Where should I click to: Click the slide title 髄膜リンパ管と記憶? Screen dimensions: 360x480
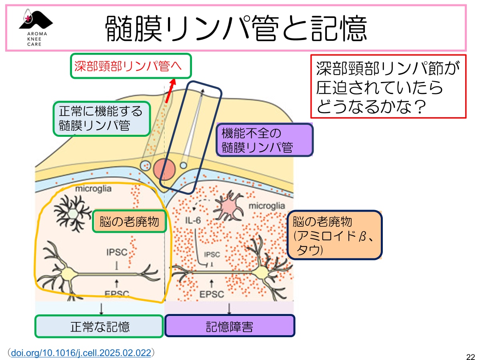pyautogui.click(x=236, y=29)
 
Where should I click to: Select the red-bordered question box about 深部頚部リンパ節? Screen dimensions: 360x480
pyautogui.click(x=388, y=86)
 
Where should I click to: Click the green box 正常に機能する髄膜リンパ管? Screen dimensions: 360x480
pyautogui.click(x=102, y=118)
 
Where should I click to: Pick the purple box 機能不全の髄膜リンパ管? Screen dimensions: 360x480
pyautogui.click(x=264, y=140)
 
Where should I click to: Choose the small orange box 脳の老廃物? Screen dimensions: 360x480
pyautogui.click(x=129, y=221)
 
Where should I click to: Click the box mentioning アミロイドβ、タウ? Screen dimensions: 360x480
pyautogui.click(x=334, y=236)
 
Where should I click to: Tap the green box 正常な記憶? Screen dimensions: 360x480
pyautogui.click(x=99, y=326)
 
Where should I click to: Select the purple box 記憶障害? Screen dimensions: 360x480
pyautogui.click(x=230, y=326)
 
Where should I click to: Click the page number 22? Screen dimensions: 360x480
pyautogui.click(x=470, y=356)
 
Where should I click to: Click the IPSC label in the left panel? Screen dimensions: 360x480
pyautogui.click(x=117, y=252)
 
